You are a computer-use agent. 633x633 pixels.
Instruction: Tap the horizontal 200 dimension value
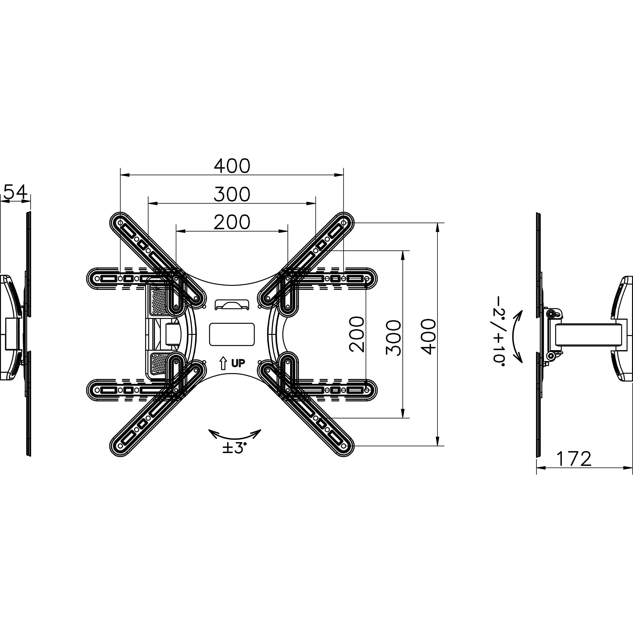pyautogui.click(x=232, y=222)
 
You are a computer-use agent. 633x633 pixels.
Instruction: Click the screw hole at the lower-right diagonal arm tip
pyautogui.click(x=343, y=446)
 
